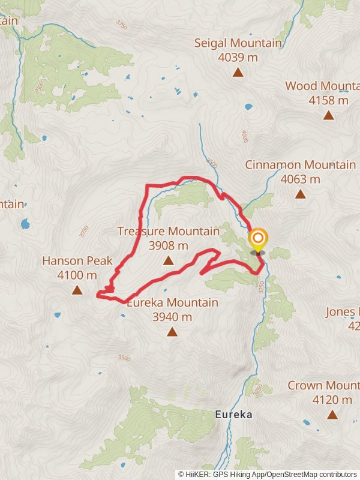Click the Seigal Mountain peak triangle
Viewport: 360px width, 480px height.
(x=238, y=73)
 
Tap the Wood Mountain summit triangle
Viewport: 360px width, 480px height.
(x=328, y=115)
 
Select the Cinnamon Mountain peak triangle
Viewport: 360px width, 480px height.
(x=300, y=194)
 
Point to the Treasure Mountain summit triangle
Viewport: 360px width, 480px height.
(x=168, y=260)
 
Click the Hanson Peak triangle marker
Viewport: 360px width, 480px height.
(x=77, y=290)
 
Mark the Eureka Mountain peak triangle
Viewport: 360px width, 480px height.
(x=172, y=332)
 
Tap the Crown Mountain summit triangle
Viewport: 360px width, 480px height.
(x=332, y=414)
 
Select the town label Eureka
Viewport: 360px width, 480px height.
(x=233, y=415)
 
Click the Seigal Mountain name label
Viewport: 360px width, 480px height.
(x=238, y=43)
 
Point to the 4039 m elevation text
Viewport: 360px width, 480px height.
(x=238, y=57)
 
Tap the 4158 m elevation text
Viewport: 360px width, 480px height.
(x=328, y=100)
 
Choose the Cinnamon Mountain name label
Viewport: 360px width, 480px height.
(x=301, y=165)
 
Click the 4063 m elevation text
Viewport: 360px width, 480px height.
(x=300, y=179)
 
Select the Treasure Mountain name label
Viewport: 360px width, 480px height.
(x=169, y=232)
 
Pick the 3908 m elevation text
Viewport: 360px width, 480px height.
(x=168, y=245)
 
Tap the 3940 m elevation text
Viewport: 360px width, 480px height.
(x=173, y=317)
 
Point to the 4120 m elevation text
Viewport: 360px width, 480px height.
(x=332, y=400)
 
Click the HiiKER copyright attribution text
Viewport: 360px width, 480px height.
(x=267, y=475)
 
